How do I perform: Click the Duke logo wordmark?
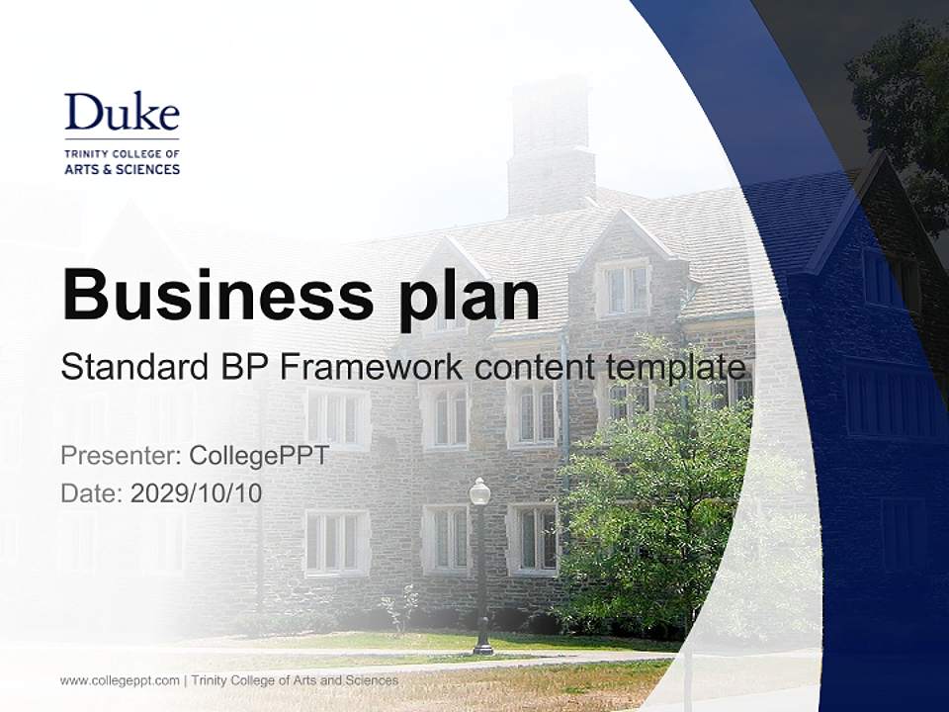pos(122,112)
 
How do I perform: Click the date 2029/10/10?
pos(197,492)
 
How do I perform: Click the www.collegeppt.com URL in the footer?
pos(120,680)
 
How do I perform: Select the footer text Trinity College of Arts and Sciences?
pos(295,680)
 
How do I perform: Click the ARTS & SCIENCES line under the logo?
pos(122,169)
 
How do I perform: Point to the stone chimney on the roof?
pos(551,148)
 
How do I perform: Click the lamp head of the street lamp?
pos(479,490)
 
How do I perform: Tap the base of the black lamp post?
pos(482,647)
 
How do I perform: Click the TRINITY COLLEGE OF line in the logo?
pos(122,154)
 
